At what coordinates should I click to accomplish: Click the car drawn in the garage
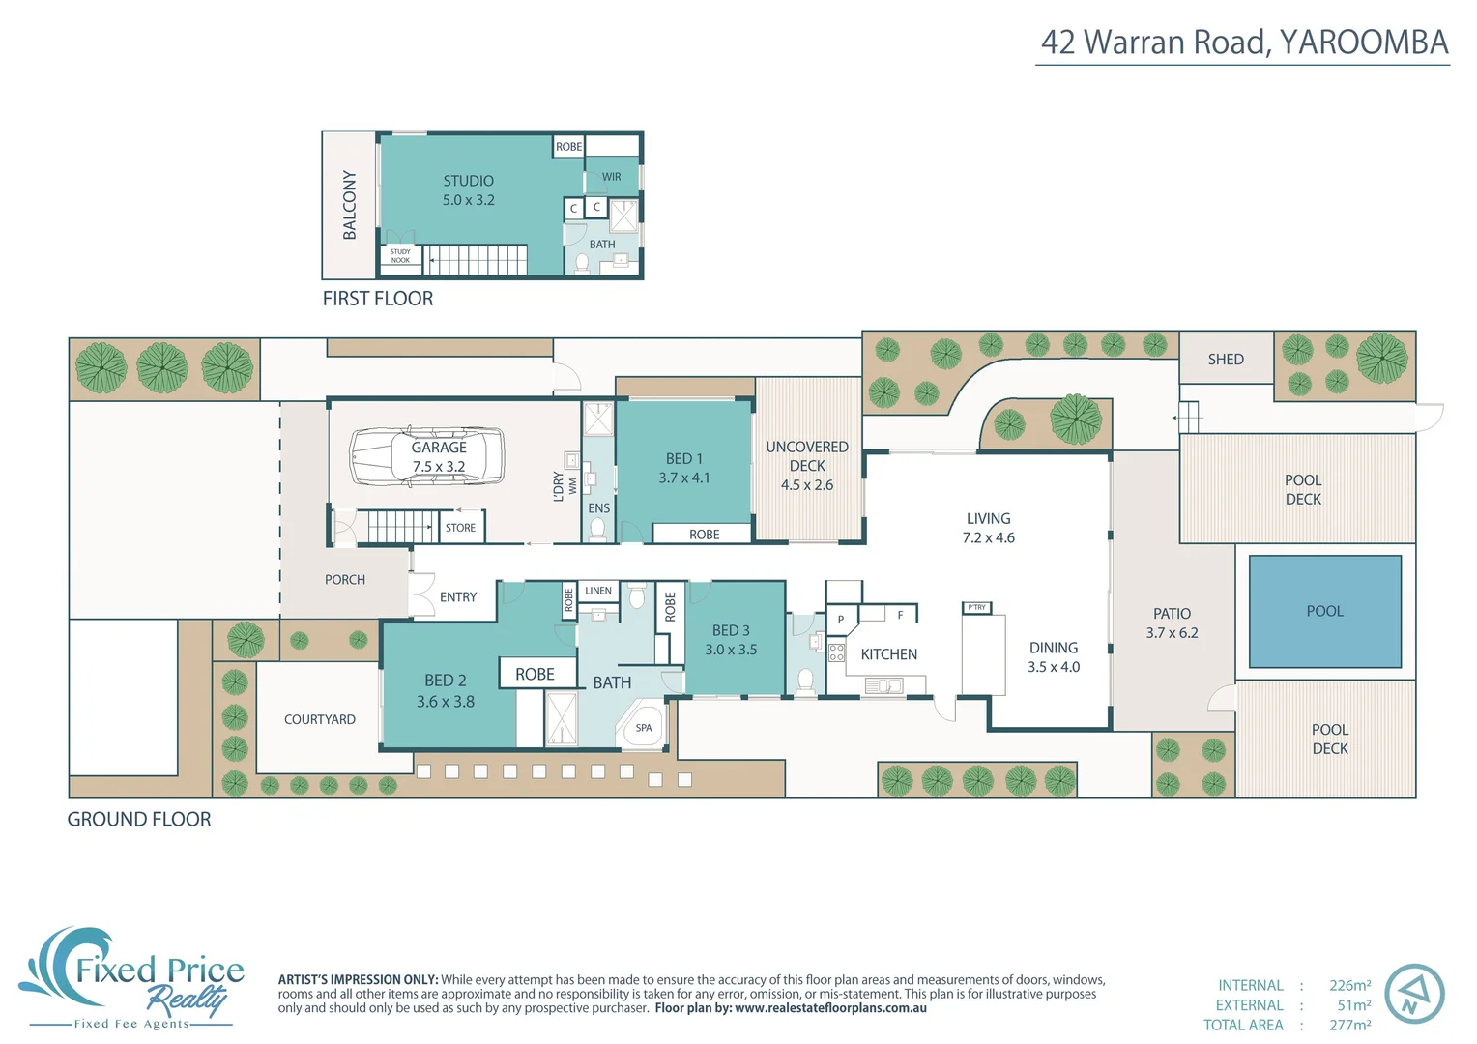426,456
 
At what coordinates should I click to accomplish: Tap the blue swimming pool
1324,611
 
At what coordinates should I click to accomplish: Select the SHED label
1226,360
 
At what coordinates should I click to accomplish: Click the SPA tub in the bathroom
644,728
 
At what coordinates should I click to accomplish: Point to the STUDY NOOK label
400,256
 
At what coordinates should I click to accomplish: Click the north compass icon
1414,995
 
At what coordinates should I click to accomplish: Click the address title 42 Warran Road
1244,43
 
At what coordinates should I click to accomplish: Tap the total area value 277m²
1349,1025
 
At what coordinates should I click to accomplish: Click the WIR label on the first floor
611,177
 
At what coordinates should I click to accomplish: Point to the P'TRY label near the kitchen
977,608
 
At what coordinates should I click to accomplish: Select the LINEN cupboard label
598,591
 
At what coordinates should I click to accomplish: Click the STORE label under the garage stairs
460,528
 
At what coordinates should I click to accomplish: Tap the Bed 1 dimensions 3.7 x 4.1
684,478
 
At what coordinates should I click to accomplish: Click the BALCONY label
349,205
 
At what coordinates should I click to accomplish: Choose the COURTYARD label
320,719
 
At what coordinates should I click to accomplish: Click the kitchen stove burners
836,652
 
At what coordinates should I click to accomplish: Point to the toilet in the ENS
598,529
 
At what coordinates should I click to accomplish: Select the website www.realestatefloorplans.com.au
830,1008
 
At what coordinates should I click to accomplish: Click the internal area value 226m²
1349,986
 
